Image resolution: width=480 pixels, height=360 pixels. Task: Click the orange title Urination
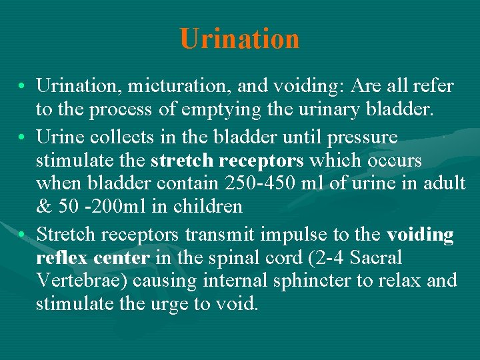click(239, 39)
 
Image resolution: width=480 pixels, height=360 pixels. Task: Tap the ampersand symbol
click(44, 207)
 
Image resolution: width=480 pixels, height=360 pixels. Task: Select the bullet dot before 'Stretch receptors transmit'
click(23, 235)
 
